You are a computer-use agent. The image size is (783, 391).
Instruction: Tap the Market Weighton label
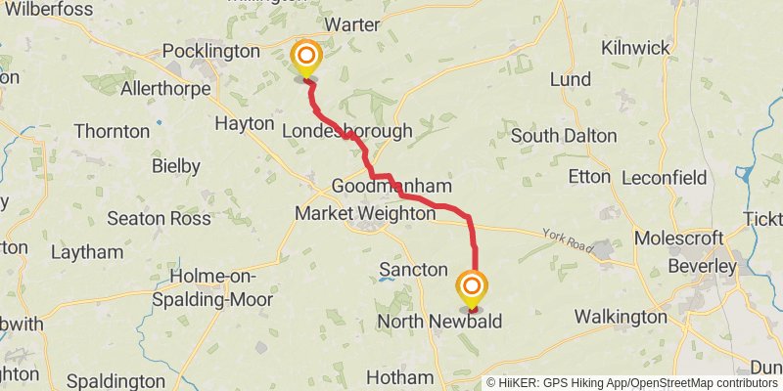[364, 213]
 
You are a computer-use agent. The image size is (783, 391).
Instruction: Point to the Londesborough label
[346, 131]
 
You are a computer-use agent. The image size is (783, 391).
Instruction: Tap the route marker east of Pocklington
[306, 56]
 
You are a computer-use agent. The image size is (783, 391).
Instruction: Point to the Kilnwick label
[635, 48]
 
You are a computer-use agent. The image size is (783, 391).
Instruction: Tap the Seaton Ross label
[160, 218]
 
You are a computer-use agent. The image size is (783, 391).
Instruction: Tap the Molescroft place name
[678, 239]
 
